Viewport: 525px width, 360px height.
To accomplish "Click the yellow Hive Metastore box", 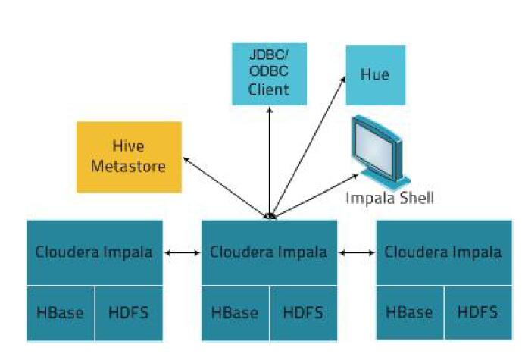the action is point(129,157).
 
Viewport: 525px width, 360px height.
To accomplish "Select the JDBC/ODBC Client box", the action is point(269,74).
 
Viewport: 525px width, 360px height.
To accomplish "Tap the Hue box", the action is point(375,75).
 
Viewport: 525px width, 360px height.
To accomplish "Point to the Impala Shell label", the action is point(389,198).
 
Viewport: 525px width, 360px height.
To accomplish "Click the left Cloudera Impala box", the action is point(95,252).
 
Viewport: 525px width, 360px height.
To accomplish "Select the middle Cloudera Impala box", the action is point(269,252).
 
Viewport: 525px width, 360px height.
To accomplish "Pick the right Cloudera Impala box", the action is point(444,252).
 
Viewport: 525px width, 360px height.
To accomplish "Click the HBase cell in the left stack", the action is point(61,313).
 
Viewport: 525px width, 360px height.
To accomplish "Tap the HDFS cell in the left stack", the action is point(129,313).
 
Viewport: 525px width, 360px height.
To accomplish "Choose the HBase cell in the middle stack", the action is point(235,313).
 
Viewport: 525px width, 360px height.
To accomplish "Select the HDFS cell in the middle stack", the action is point(304,313).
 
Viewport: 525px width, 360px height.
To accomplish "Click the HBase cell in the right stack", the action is point(410,312).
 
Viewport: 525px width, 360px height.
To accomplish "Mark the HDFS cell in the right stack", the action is point(479,312).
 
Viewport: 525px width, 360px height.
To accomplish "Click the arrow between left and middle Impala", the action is point(182,252).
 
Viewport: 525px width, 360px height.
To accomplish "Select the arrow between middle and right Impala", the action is point(357,252).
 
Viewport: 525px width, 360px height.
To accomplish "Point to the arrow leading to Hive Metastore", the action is point(227,188).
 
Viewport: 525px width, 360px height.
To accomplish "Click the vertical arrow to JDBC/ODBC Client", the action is point(270,163).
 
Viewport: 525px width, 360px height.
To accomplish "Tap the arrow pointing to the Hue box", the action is point(308,147).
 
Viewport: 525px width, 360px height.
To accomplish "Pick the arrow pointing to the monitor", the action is point(315,196).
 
